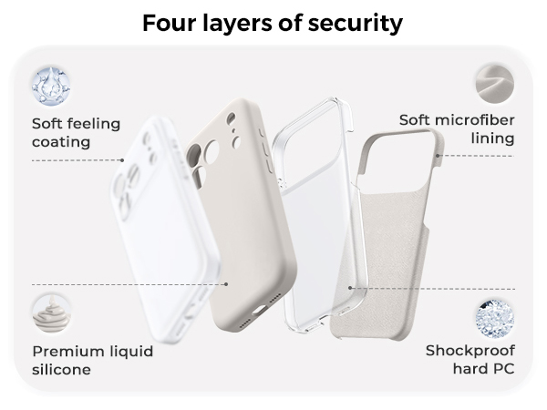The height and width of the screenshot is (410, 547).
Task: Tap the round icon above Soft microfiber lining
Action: tap(493, 81)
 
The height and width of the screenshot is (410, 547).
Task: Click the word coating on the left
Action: tap(61, 142)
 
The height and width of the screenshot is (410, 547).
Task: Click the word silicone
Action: tap(62, 371)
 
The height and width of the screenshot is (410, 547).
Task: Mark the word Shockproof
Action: tap(470, 351)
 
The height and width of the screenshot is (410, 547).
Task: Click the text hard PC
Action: tap(484, 370)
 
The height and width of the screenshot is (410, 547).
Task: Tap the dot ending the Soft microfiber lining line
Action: tap(439, 156)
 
